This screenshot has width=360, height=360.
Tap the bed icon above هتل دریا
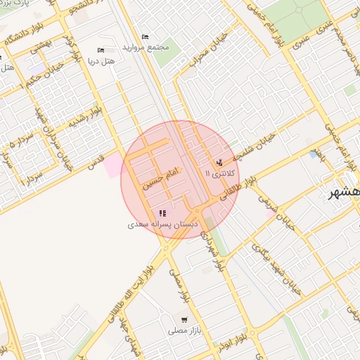(100, 50)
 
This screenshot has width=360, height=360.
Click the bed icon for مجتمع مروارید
(146, 37)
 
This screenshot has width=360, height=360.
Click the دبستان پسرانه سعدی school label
(163, 225)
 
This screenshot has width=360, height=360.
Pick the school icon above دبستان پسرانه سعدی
(163, 213)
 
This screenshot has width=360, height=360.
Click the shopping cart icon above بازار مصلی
(184, 319)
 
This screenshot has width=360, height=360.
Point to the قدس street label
(94, 162)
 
